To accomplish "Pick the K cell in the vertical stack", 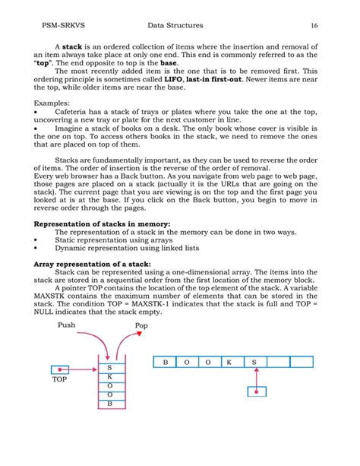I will [x=109, y=376].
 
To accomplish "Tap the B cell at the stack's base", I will [x=109, y=404].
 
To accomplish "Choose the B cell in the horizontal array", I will [x=165, y=363].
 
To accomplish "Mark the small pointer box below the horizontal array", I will [x=258, y=392].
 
